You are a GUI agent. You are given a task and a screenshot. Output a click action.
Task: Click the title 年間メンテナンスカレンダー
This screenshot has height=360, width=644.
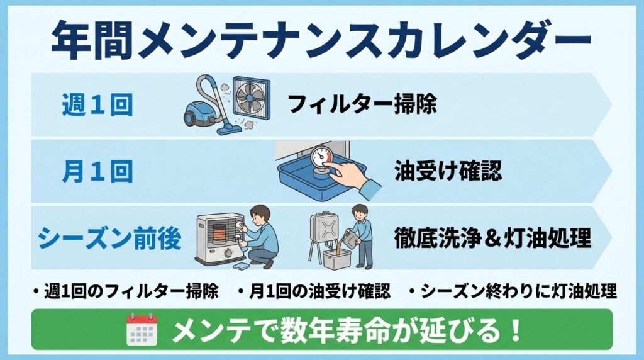[x=321, y=39]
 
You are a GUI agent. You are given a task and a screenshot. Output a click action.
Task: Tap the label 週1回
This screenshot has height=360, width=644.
[x=97, y=104]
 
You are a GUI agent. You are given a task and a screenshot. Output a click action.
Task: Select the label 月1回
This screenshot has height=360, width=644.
[x=97, y=171]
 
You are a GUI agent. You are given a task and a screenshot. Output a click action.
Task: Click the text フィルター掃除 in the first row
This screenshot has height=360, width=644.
[x=362, y=104]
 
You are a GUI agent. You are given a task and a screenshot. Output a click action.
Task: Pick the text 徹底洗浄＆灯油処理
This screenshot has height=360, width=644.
[x=492, y=238]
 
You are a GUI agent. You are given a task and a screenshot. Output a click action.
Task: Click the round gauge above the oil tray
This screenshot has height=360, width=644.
[x=321, y=157]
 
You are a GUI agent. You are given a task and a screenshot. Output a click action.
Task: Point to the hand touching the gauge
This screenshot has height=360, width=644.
[x=355, y=179]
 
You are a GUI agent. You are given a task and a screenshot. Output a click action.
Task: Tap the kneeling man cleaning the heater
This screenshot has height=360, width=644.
[x=260, y=237]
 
